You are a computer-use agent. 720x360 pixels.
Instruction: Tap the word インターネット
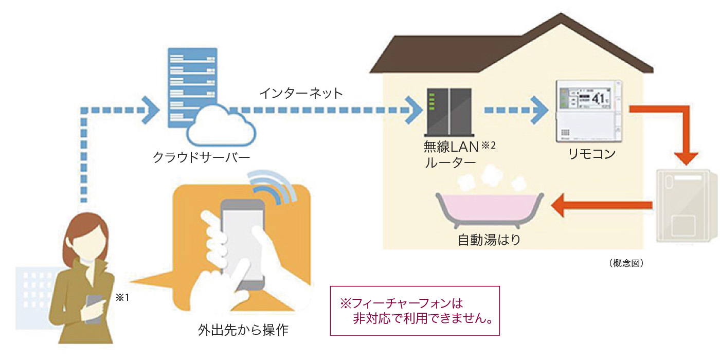point(301,93)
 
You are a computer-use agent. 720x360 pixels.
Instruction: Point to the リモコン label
point(591,154)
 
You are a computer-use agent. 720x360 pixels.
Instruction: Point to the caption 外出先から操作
point(243,330)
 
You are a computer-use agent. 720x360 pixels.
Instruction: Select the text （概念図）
point(627,263)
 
